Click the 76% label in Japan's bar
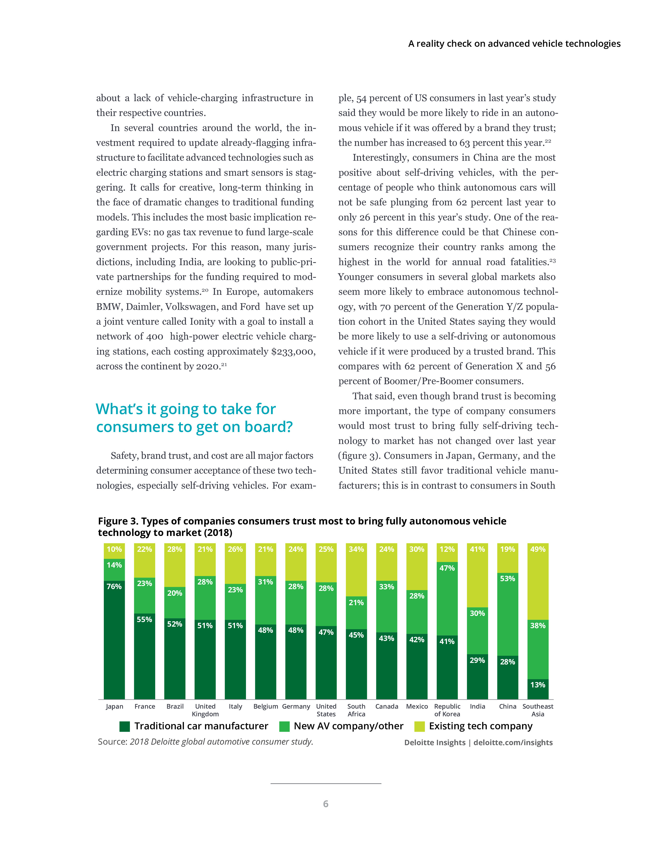tap(114, 586)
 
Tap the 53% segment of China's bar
tap(508, 614)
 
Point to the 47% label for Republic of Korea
tap(447, 568)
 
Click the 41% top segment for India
tap(477, 575)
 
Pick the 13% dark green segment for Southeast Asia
tap(538, 689)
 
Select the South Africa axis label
tap(356, 710)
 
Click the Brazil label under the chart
tap(175, 706)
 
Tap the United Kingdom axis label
tap(205, 710)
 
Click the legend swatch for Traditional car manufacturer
tap(124, 727)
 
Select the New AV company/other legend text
tap(349, 726)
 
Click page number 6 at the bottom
tap(325, 804)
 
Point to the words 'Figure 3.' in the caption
tap(118, 521)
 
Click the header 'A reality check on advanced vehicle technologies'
tap(514, 44)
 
